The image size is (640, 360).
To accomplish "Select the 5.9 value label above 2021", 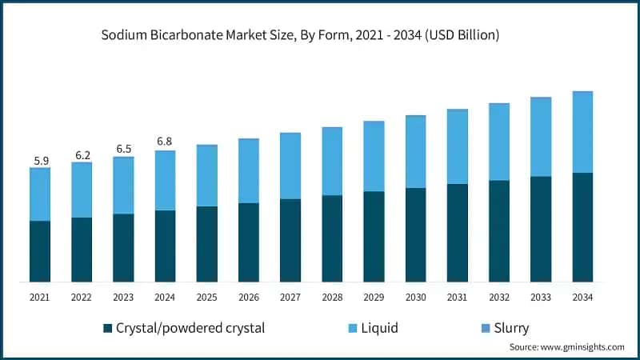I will tap(40, 161).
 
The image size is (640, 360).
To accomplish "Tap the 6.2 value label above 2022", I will tap(82, 155).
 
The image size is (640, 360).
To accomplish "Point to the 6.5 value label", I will tap(123, 150).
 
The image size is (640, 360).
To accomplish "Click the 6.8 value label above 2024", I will tap(165, 142).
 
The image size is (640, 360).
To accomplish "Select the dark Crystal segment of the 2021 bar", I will tap(40, 251).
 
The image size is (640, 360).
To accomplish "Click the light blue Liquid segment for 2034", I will tap(582, 132).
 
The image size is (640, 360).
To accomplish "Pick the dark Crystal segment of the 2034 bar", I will tap(582, 227).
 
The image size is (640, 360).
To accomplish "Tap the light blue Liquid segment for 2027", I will tap(290, 166).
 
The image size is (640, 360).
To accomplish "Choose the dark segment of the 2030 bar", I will tap(415, 234).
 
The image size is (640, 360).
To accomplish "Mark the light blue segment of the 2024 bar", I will tap(165, 180).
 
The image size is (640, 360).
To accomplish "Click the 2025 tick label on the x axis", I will tap(206, 297).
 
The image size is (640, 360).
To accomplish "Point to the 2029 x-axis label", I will tap(374, 297).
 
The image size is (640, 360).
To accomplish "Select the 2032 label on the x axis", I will tap(499, 297).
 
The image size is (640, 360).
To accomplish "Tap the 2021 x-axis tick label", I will tap(40, 297).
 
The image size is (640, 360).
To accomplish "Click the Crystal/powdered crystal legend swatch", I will tap(107, 328).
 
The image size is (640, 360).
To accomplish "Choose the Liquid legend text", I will tap(379, 328).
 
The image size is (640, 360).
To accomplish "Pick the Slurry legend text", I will tap(511, 328).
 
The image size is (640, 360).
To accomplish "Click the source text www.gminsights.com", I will tap(566, 347).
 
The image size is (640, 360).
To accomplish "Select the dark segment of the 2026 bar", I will tap(249, 242).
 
